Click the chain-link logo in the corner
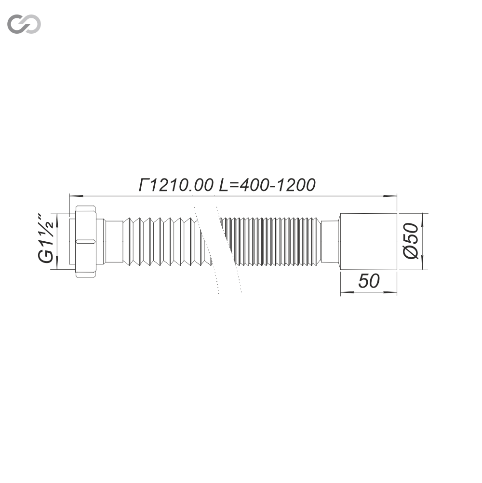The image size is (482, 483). [24, 24]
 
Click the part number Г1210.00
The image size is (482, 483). [176, 185]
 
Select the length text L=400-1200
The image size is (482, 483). [268, 185]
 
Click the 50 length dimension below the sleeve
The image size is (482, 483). [369, 282]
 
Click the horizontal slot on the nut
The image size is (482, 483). [85, 240]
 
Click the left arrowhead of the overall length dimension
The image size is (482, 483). [74, 196]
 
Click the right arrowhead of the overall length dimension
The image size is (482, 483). [392, 196]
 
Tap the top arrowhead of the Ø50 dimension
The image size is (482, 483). [423, 216]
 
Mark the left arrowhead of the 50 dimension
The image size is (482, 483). [345, 292]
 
